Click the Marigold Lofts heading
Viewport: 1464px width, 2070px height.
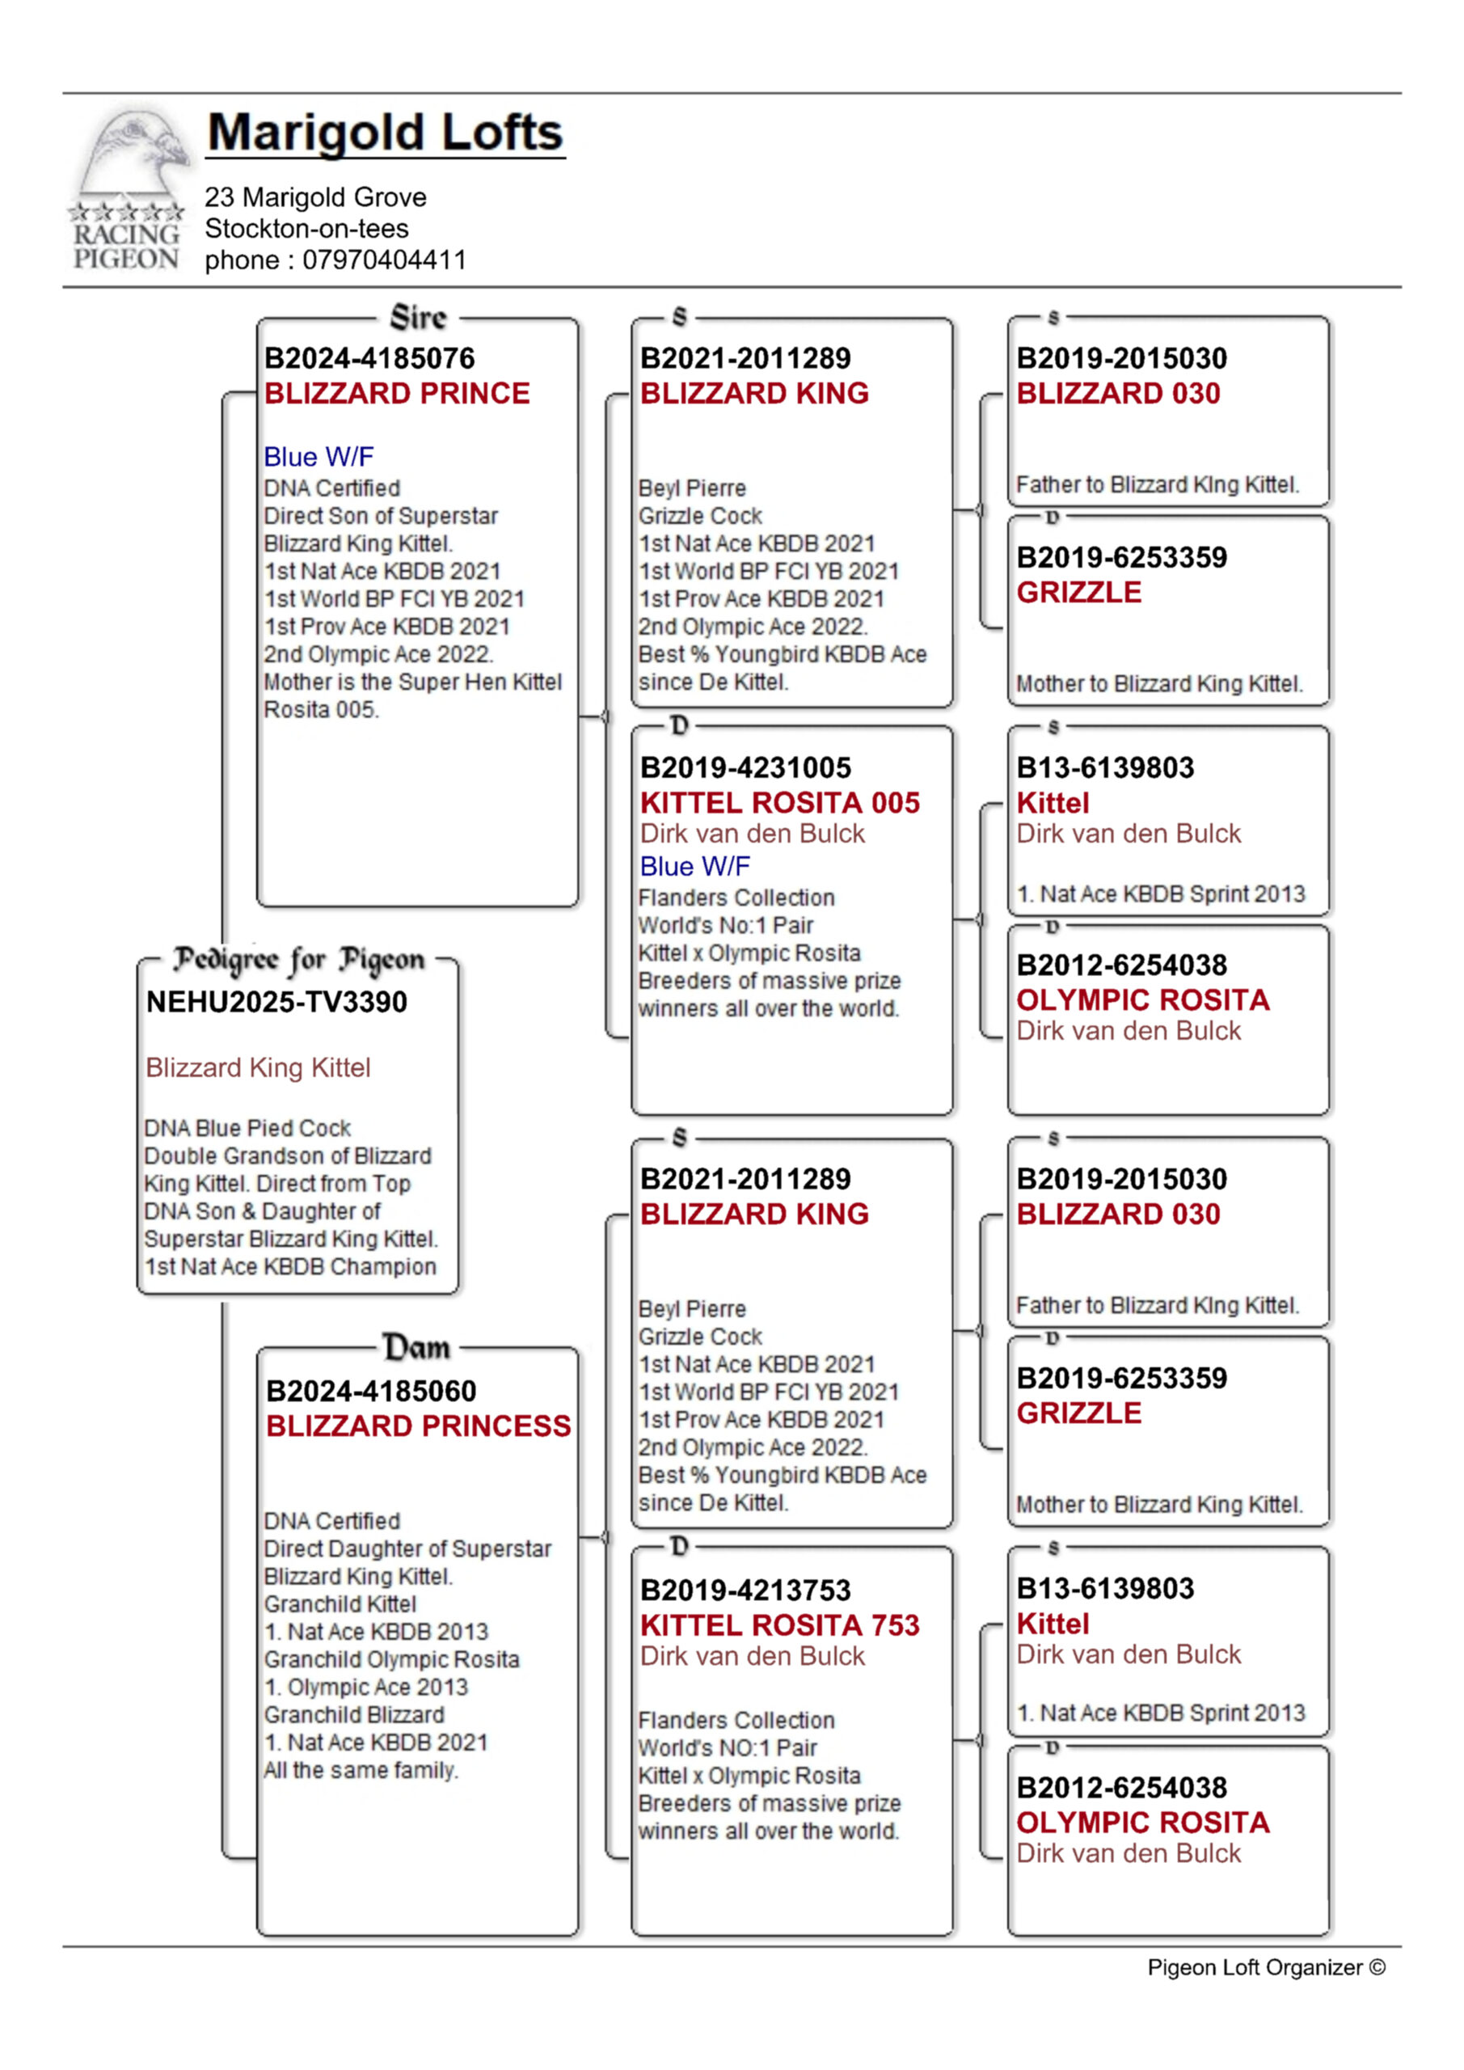click(x=385, y=133)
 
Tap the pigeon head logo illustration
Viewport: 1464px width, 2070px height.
click(x=135, y=154)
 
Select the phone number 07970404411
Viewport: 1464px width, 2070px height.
click(x=384, y=260)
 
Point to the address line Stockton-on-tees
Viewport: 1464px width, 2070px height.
click(x=306, y=228)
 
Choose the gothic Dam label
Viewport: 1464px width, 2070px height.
click(x=416, y=1348)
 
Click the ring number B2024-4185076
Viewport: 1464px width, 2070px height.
click(x=369, y=358)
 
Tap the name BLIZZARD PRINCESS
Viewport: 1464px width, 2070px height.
click(x=418, y=1426)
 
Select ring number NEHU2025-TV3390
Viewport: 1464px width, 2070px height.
click(x=276, y=1002)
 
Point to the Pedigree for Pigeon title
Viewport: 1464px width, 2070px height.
click(x=298, y=959)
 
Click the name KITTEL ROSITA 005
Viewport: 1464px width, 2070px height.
click(x=780, y=802)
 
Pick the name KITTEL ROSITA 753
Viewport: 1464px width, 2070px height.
click(x=780, y=1624)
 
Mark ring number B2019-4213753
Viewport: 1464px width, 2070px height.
click(x=745, y=1590)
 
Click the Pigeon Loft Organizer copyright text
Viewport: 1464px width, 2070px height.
click(x=1266, y=1967)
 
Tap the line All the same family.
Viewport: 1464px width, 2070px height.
click(x=361, y=1770)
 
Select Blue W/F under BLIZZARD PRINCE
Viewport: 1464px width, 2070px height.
click(x=319, y=457)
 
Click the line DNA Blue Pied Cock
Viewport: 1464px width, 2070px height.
click(x=248, y=1128)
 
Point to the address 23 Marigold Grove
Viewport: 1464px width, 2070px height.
click(x=315, y=196)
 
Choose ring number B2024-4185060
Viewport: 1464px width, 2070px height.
click(x=370, y=1390)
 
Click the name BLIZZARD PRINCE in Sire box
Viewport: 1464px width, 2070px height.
click(x=397, y=393)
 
